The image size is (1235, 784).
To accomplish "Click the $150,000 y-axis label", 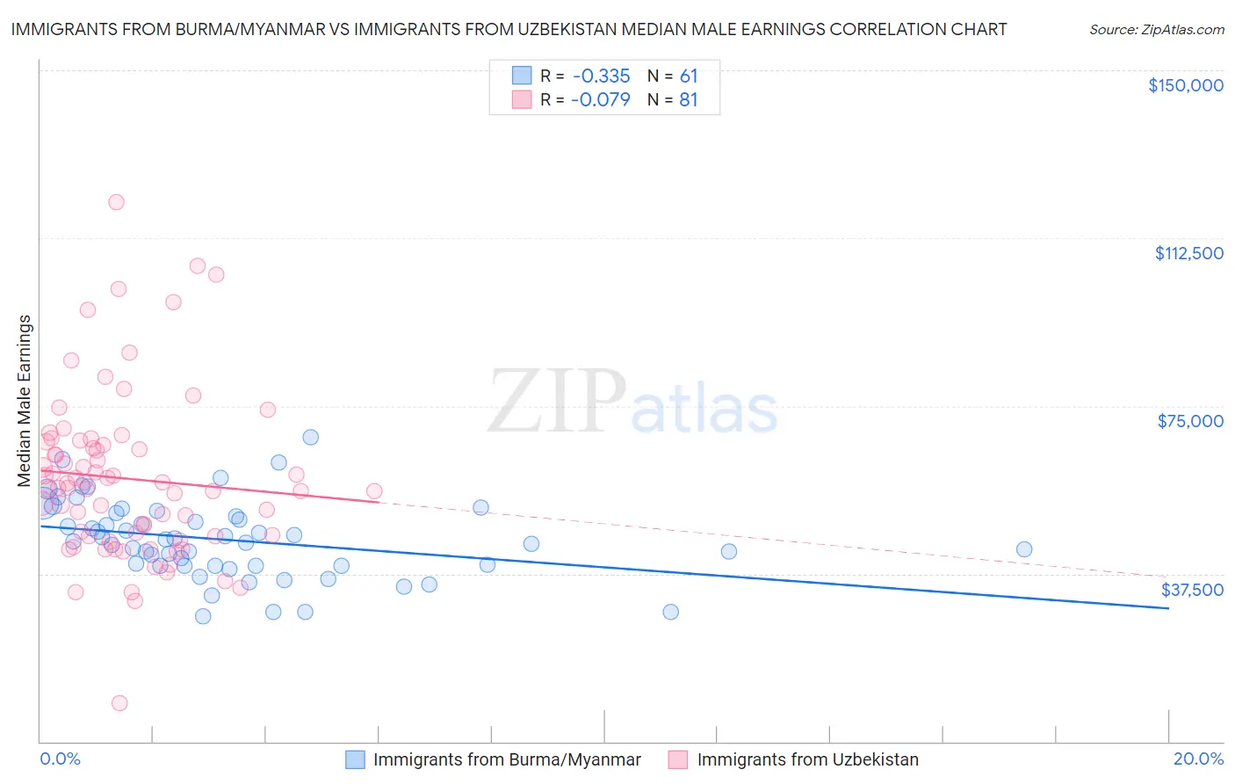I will (x=1185, y=85).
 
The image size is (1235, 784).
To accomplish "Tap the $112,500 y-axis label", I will (x=1188, y=253).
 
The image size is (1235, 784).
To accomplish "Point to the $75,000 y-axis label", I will (x=1190, y=421).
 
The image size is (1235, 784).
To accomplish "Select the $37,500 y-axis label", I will (x=1192, y=590).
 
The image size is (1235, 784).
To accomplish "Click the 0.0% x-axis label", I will (x=60, y=759).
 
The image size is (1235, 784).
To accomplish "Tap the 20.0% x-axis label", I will (x=1198, y=759).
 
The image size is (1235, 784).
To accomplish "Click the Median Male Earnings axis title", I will (x=25, y=401).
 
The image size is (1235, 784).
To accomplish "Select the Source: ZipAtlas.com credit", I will (x=1156, y=29).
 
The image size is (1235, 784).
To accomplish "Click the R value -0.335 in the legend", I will (x=600, y=76).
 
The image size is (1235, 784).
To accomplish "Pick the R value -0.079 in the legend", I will (x=600, y=100).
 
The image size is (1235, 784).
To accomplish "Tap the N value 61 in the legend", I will (x=688, y=76).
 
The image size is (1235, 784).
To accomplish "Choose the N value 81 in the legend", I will (x=688, y=100).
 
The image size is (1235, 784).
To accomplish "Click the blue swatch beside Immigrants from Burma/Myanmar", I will (x=355, y=759).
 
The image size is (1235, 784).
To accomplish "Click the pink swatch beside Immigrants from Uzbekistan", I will (x=678, y=759).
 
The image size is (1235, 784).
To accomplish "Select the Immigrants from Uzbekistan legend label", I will (x=807, y=759).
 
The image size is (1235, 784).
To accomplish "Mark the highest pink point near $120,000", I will (x=116, y=202).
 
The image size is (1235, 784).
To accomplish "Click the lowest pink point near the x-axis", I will (x=119, y=703).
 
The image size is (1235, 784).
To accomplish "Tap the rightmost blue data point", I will (x=1023, y=549).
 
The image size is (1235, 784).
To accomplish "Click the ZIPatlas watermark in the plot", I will (x=632, y=403).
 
